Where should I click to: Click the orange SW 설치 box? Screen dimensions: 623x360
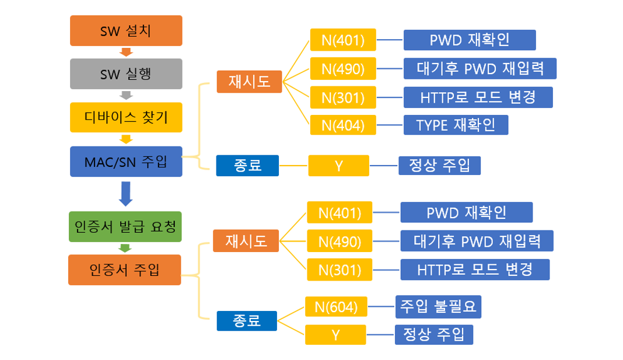click(126, 30)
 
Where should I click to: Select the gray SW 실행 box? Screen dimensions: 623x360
click(126, 74)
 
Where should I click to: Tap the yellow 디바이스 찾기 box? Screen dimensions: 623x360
click(126, 118)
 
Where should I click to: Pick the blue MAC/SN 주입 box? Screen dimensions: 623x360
click(126, 162)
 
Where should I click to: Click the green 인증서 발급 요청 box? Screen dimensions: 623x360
click(125, 227)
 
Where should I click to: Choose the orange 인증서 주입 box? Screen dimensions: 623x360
click(125, 270)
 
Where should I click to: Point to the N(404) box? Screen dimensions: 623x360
click(343, 125)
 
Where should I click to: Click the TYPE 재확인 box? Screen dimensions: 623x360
click(456, 125)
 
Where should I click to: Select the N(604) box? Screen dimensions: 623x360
click(336, 307)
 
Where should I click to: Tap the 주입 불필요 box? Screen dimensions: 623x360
click(438, 307)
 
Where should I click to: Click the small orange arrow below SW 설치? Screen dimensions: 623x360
click(126, 52)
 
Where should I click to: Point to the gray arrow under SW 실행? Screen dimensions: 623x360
click(126, 95)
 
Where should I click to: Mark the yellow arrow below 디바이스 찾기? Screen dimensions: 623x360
click(126, 139)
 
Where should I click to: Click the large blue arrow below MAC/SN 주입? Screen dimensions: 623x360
click(126, 194)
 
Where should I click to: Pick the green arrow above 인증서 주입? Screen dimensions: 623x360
click(125, 249)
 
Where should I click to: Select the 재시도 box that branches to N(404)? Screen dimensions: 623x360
click(249, 82)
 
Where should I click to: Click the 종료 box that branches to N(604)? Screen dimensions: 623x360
click(247, 321)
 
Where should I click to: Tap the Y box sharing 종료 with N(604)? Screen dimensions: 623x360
click(336, 334)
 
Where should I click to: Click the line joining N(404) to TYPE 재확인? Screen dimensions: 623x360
click(390, 125)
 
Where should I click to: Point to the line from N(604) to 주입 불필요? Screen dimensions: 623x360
click(381, 307)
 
